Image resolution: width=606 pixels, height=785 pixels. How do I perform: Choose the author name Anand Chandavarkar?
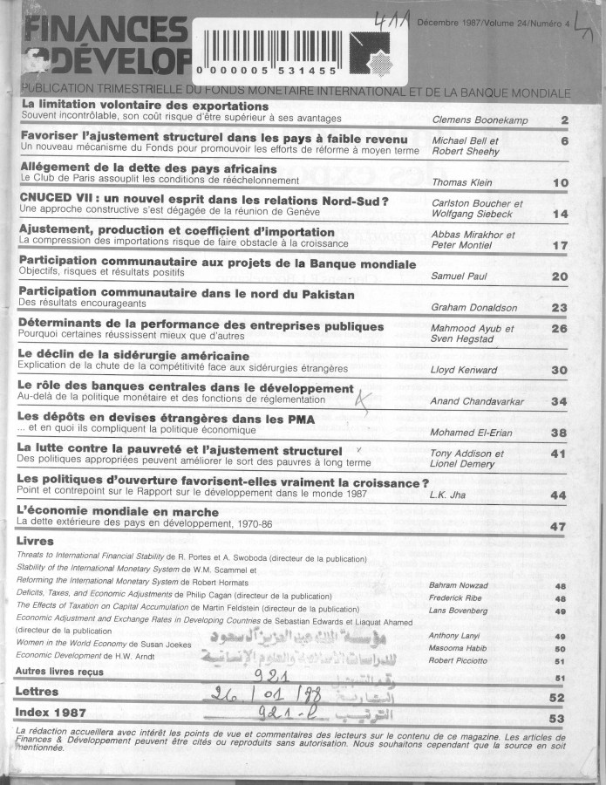(x=482, y=401)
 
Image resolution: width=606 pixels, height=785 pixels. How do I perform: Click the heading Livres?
(x=35, y=542)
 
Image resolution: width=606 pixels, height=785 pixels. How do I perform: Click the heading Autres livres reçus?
(x=59, y=672)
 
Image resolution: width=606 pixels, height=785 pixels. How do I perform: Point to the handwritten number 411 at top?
(x=386, y=19)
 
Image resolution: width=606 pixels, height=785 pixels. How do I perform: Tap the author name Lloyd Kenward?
(x=464, y=370)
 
